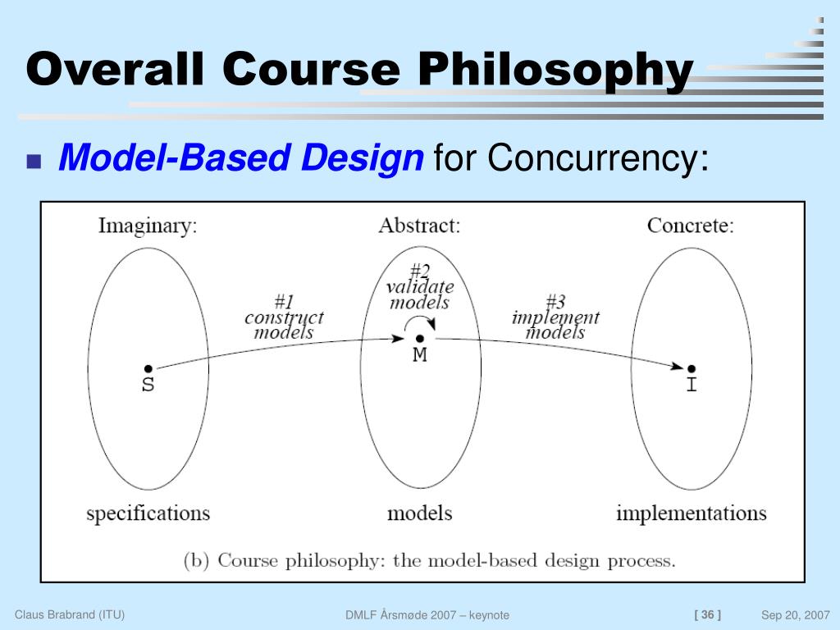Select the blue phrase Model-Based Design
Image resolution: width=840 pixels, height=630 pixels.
(x=240, y=157)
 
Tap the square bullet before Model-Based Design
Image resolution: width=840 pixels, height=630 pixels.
(x=34, y=161)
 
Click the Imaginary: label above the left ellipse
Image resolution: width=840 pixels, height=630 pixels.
(x=148, y=226)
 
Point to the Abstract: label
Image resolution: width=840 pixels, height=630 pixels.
(x=419, y=226)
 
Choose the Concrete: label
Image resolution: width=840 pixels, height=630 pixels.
(x=690, y=226)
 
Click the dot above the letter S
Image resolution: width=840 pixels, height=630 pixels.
(x=148, y=369)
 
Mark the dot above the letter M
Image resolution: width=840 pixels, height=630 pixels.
(x=419, y=338)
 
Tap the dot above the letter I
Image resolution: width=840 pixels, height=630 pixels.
(x=692, y=369)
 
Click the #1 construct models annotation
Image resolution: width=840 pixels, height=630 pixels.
(x=284, y=317)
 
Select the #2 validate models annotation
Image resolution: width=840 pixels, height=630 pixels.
(x=419, y=287)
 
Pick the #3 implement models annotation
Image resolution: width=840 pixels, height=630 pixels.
(x=555, y=317)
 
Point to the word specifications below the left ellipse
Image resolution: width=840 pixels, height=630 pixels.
(x=148, y=514)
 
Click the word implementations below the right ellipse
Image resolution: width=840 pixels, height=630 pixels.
(x=691, y=514)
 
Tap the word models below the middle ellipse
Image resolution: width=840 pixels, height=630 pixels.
(x=419, y=514)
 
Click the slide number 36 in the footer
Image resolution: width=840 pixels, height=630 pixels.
(x=707, y=614)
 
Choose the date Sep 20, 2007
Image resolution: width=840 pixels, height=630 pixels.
(x=795, y=615)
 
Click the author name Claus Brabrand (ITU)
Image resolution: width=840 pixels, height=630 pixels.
(x=70, y=614)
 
